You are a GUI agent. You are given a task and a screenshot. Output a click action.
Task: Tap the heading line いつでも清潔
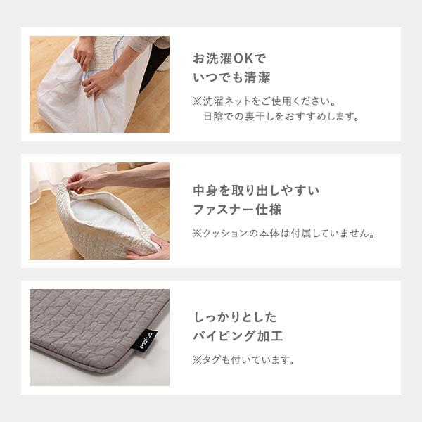click(231, 78)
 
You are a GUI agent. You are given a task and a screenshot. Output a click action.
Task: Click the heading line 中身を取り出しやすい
click(256, 191)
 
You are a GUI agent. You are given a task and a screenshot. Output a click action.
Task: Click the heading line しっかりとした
click(235, 316)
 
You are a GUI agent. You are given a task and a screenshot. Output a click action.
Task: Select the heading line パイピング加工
click(238, 336)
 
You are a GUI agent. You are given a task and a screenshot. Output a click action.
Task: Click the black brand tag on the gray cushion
click(143, 340)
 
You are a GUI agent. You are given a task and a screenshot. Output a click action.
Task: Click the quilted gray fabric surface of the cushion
click(84, 316)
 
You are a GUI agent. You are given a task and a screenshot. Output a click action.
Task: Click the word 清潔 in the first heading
click(258, 78)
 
